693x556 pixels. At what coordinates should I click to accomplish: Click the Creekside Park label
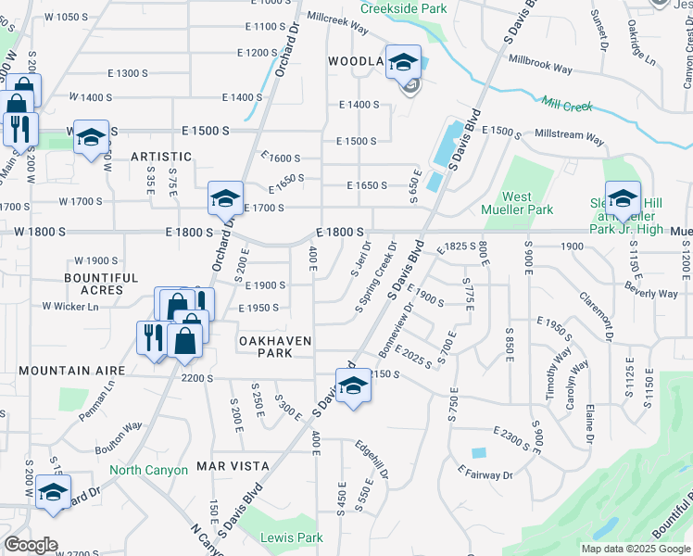[x=403, y=8]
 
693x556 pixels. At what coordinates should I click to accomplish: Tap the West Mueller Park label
[x=528, y=203]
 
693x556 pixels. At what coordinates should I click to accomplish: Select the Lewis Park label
[x=292, y=537]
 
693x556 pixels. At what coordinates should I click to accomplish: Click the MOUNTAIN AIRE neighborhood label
[x=71, y=371]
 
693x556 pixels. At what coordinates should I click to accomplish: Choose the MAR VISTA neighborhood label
[x=233, y=466]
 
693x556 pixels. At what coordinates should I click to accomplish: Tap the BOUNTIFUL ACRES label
[x=101, y=284]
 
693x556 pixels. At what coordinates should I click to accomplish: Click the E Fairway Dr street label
[x=485, y=474]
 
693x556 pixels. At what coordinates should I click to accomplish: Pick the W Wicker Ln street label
[x=70, y=307]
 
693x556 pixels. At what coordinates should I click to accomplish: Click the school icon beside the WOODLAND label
[x=403, y=63]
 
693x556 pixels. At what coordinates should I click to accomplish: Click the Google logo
[x=31, y=545]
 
